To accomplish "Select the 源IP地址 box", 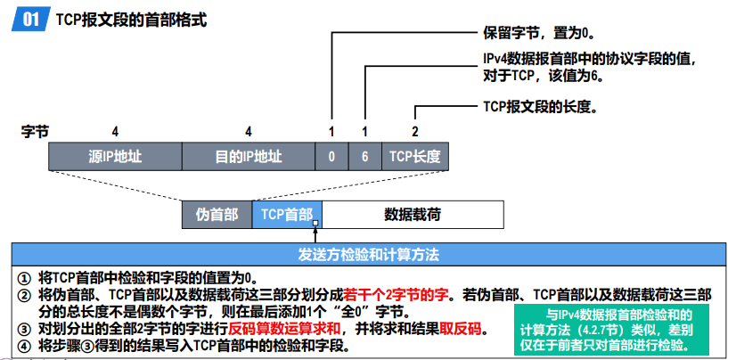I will coord(115,157).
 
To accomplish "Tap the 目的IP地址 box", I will coord(249,157).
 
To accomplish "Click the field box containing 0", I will coord(331,157).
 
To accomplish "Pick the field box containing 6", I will coord(364,157).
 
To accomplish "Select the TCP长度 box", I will coord(414,157).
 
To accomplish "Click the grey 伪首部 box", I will coord(217,215).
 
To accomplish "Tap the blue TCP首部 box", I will coord(285,215).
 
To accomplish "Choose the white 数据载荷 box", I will coord(413,215).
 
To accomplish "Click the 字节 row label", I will coord(34,131).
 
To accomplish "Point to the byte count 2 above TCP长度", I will coord(414,131).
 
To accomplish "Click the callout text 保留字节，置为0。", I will coord(537,33).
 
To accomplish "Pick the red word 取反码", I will coord(462,329).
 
